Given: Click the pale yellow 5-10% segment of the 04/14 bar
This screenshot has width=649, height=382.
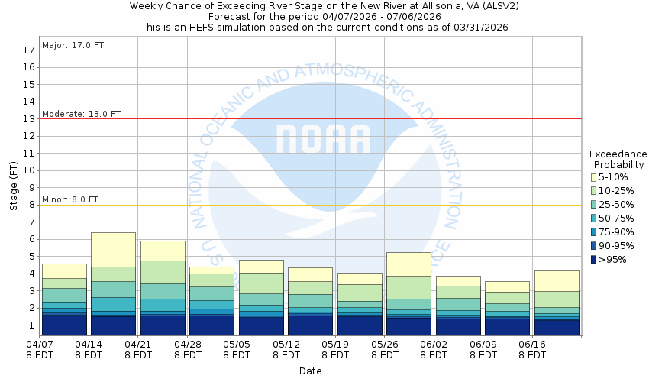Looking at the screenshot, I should click(113, 249).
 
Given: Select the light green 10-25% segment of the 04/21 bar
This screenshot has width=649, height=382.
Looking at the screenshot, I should click(163, 272).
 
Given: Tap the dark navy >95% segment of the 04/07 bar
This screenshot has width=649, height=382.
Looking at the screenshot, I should click(64, 324).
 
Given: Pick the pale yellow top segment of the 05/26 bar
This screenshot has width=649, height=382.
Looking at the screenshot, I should click(408, 264).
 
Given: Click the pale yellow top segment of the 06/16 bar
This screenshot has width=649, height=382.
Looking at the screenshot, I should click(557, 280).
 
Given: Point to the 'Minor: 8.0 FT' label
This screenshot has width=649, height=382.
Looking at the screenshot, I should click(70, 200).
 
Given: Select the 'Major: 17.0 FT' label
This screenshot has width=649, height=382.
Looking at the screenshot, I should click(73, 45).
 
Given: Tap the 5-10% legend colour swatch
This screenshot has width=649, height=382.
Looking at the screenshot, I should click(593, 177).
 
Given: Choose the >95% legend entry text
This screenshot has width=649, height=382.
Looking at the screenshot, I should click(613, 260).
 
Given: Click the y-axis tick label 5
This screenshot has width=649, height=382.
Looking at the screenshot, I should click(31, 257).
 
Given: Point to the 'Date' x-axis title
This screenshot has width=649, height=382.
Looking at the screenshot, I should click(310, 371).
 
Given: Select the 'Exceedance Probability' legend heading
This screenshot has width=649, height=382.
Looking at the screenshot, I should click(618, 159).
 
